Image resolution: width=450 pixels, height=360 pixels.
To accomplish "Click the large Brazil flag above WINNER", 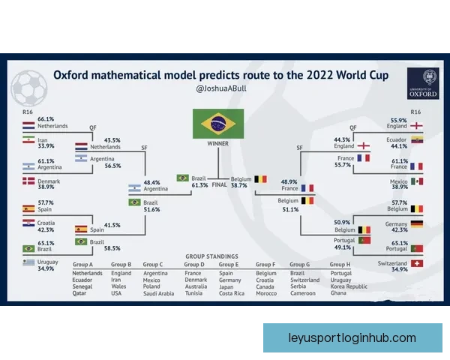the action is coord(218,124).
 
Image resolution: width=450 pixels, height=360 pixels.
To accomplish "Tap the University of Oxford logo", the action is coord(423,83).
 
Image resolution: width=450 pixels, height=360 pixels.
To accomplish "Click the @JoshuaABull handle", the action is coord(221,88).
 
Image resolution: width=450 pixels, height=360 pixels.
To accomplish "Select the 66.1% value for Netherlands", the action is coord(46,118).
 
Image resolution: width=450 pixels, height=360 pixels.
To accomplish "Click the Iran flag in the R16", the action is coord(28,139).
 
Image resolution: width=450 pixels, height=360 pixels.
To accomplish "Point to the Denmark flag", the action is coord(28,181).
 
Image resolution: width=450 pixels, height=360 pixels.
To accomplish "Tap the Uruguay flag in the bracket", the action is coord(28,262).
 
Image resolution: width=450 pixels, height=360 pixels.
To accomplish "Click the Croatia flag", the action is coord(28,223).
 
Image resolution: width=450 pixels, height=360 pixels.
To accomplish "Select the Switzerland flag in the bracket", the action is coord(417,263).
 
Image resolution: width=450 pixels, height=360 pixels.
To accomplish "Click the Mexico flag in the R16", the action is coord(417,181).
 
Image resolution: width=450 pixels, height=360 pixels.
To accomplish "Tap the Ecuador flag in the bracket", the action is coord(417,139).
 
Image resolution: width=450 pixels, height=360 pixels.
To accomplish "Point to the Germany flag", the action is coord(417,224).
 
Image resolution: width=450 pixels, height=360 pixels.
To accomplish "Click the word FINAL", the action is coord(219,185).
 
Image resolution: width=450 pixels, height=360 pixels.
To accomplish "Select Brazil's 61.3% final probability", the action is coord(199,185).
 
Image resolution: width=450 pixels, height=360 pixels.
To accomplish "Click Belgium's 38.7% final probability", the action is coord(238,185).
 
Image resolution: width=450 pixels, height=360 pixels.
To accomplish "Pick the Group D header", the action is coord(194,265).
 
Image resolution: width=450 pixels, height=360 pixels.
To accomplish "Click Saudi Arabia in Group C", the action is coord(159,293).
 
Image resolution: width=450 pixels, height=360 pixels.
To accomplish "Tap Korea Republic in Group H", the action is coord(349,286).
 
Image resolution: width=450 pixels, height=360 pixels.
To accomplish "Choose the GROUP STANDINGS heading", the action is coord(211,256).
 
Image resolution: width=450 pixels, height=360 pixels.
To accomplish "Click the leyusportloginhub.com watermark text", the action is coord(352,338).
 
